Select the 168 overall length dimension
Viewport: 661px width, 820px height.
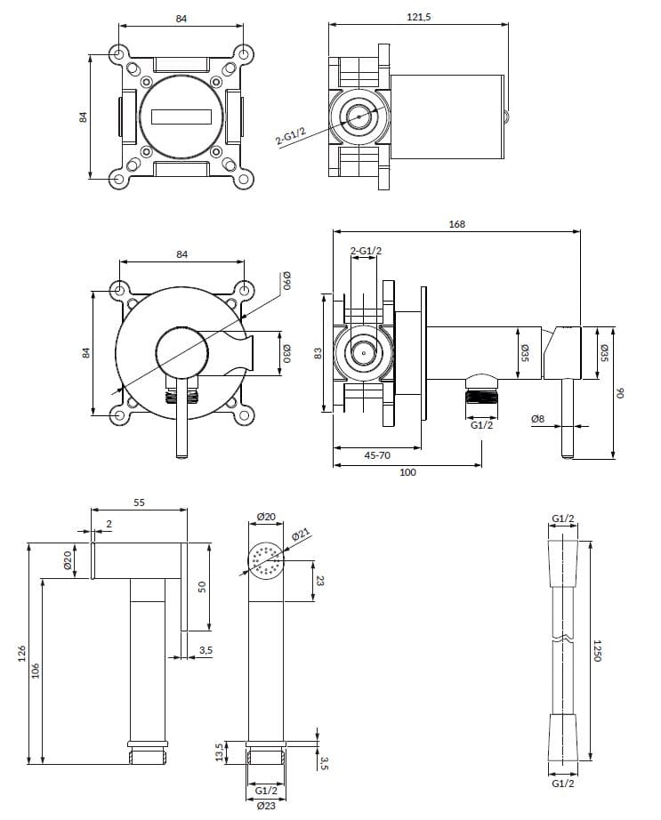(456, 224)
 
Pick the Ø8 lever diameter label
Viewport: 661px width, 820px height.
(536, 419)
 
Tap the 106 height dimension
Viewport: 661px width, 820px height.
(35, 671)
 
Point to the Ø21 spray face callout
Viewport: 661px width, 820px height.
(300, 534)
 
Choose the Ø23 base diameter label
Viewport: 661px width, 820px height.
(264, 806)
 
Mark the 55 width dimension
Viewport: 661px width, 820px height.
(139, 502)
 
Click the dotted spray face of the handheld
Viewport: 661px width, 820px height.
(265, 560)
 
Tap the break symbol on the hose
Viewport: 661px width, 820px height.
(562, 638)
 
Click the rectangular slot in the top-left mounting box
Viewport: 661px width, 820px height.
(182, 117)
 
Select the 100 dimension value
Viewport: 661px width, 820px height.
(407, 471)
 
